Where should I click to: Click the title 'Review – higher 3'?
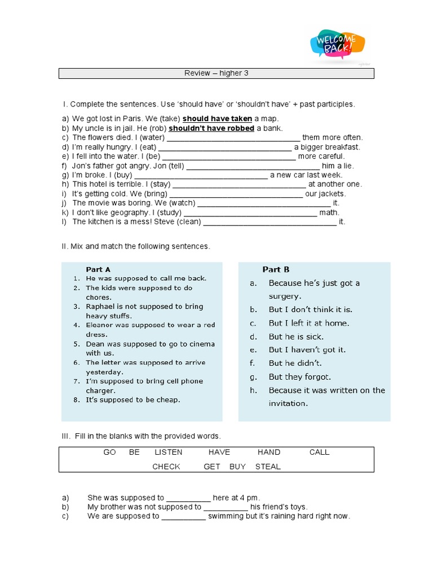[x=216, y=73]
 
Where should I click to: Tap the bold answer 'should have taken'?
[x=217, y=119]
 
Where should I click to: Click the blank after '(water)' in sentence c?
[x=233, y=138]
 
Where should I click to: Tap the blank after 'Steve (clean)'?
[x=269, y=222]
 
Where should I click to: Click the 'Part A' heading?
[x=98, y=269]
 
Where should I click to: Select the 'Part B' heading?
[x=276, y=269]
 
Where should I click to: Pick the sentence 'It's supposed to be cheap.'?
[x=133, y=400]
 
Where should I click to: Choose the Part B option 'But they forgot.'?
[x=299, y=377]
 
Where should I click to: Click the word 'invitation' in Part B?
[x=288, y=403]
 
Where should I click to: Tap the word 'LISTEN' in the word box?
[x=169, y=452]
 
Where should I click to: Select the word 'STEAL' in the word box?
[x=268, y=467]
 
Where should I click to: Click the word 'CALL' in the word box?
[x=319, y=452]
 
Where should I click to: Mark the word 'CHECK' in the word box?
[x=166, y=467]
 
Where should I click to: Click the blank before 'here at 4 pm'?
[x=188, y=498]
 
